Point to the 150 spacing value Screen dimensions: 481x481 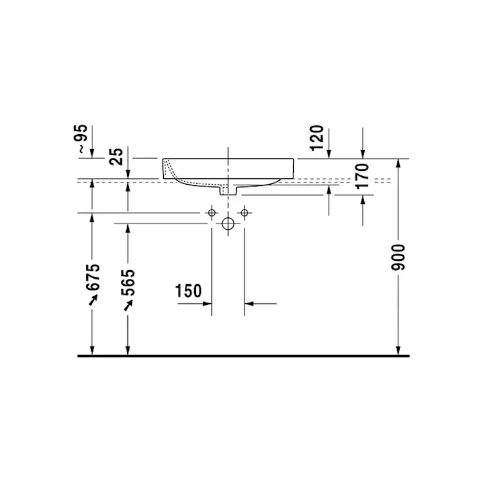189,291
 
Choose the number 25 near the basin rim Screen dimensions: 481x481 117,156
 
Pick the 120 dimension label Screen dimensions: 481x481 317,138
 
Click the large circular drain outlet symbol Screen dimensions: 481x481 228,223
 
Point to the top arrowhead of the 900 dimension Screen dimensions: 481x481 398,163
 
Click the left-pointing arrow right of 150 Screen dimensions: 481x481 250,303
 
